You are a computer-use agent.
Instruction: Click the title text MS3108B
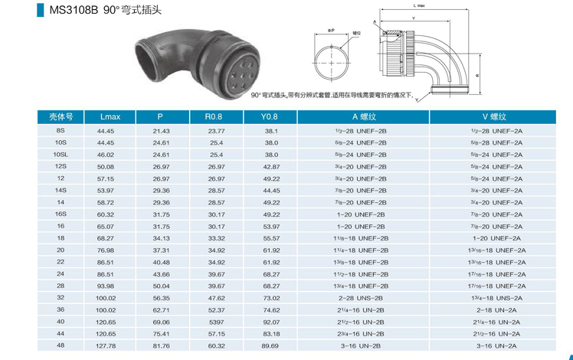74,10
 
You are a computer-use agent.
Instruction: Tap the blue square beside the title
40,10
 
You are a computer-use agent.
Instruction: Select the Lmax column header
110,116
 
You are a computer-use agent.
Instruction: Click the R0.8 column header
214,116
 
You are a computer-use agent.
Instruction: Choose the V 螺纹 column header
494,116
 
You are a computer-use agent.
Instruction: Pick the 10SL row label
61,155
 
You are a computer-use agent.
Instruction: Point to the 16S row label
61,214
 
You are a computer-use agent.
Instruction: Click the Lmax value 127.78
106,345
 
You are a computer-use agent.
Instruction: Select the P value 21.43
161,131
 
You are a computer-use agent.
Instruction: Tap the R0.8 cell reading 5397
216,322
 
